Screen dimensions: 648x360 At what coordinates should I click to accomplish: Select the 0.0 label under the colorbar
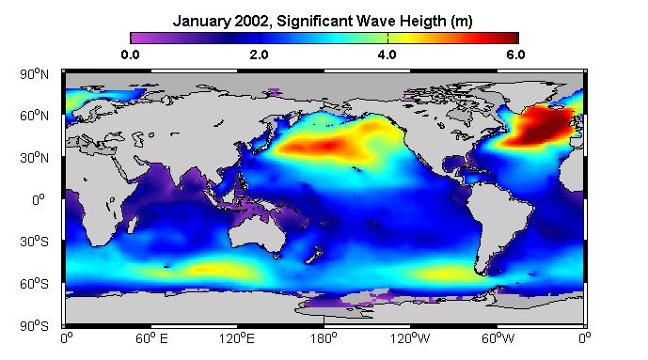pos(130,55)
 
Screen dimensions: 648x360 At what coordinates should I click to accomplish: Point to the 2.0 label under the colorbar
pos(259,55)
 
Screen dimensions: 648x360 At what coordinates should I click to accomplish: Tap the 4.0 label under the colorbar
pos(387,55)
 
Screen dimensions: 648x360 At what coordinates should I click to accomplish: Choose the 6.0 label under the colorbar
pos(515,55)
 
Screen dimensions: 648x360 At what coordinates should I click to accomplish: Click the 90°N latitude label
pos(34,74)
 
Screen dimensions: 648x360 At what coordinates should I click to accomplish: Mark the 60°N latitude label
pos(34,116)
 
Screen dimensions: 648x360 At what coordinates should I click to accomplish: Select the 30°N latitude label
pos(34,158)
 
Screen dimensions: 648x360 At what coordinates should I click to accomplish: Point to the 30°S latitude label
pos(34,242)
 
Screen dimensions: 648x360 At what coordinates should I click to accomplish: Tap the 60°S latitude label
pos(34,284)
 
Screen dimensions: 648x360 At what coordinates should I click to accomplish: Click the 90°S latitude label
pos(34,326)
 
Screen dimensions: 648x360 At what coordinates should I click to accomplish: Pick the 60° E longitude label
pos(151,338)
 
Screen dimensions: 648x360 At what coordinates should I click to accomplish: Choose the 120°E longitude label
pos(237,338)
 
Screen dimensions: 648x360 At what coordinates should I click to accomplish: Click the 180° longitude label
pos(324,338)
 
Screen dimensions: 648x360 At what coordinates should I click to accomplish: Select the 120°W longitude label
pos(410,338)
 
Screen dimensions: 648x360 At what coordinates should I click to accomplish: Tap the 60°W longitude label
pos(498,338)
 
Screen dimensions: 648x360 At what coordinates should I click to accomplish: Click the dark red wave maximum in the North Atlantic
pos(545,130)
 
